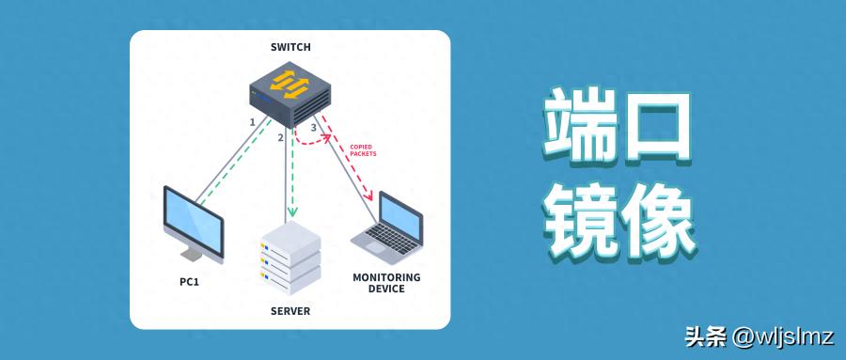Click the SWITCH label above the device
pos(290,47)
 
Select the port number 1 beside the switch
pos(252,122)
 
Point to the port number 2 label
pos(280,138)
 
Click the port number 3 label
pos(313,127)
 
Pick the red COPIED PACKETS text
pos(364,149)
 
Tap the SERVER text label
pos(290,311)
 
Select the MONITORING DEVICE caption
pos(386,283)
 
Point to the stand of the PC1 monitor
pos(193,253)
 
